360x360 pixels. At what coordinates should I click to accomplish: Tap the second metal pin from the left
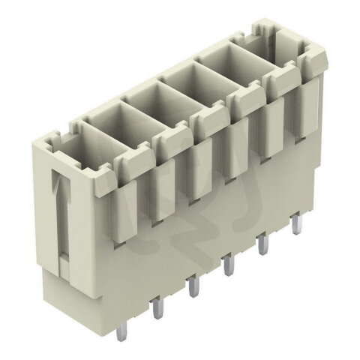193,286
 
